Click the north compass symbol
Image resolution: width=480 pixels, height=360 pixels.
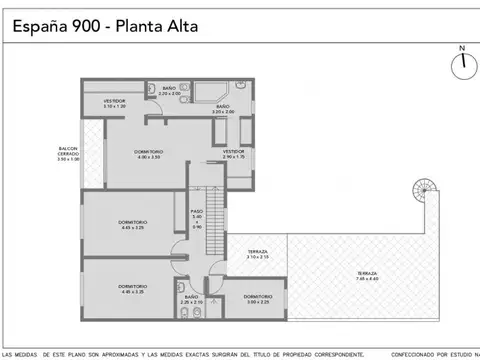[x=462, y=65]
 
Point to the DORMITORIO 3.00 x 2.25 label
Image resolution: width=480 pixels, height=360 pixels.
[x=258, y=300]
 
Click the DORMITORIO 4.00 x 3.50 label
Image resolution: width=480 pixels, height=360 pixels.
[x=149, y=154]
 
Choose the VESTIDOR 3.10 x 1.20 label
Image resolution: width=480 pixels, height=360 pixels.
[x=114, y=103]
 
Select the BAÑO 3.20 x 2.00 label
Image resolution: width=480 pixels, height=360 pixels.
[x=222, y=108]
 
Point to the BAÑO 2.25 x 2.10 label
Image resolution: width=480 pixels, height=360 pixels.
[x=191, y=299]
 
